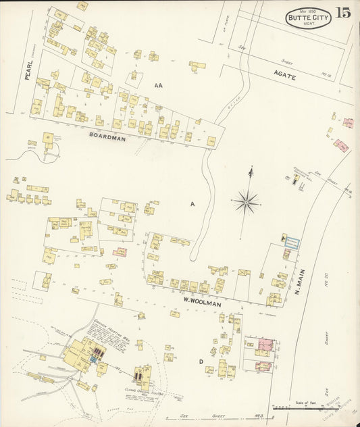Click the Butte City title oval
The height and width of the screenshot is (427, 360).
[x=309, y=18]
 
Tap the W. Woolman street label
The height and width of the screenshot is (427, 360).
[x=203, y=304]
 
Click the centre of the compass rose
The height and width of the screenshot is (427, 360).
[x=247, y=200]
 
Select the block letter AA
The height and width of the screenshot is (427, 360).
[x=159, y=86]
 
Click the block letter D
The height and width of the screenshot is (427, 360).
[x=201, y=362]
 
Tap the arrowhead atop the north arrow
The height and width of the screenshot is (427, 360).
[x=250, y=169]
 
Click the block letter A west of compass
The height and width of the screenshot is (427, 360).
[x=192, y=203]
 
